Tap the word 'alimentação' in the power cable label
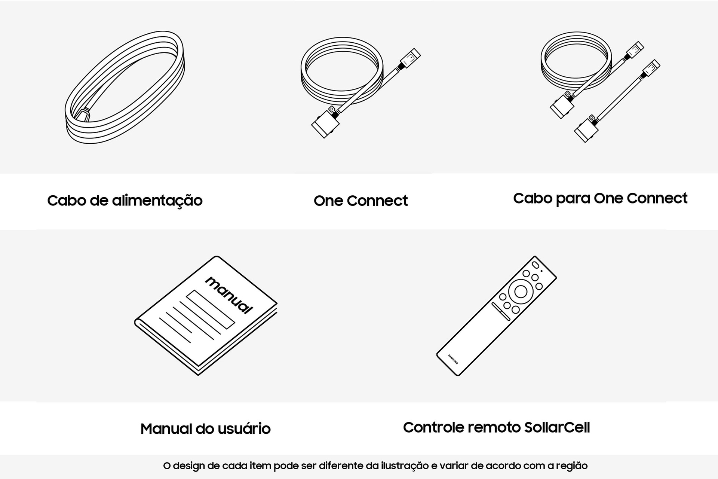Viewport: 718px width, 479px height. point(157,201)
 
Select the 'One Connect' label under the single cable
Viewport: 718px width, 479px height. point(360,201)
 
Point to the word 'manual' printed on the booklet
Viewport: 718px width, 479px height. point(229,295)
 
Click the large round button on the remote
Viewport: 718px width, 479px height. point(521,291)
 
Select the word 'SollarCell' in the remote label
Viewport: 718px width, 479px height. point(557,427)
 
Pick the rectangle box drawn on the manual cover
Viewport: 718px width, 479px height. point(211,309)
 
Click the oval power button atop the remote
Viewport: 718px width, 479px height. point(536,265)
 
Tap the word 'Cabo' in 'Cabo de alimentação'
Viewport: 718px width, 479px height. point(67,201)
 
